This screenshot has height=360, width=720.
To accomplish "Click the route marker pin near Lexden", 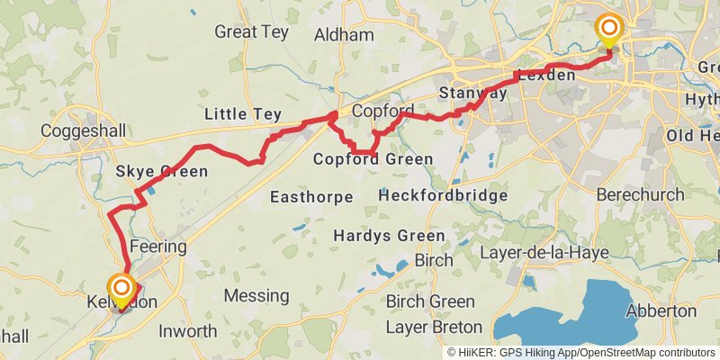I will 609,31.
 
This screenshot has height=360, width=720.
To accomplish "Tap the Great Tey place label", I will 248,31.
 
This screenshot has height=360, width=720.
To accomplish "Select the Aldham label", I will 344,36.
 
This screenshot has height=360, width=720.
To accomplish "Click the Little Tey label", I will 243,114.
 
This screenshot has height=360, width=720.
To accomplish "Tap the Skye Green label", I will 161,171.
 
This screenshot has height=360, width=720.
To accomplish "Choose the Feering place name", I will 158,246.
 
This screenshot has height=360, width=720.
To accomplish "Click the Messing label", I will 256,295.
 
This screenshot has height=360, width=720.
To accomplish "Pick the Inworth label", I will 187,330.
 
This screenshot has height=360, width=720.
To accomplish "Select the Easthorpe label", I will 310,196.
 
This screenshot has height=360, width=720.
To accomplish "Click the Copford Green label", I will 373,159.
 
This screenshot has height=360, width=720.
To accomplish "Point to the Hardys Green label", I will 389,236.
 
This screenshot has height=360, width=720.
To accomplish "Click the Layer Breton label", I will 433,327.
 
